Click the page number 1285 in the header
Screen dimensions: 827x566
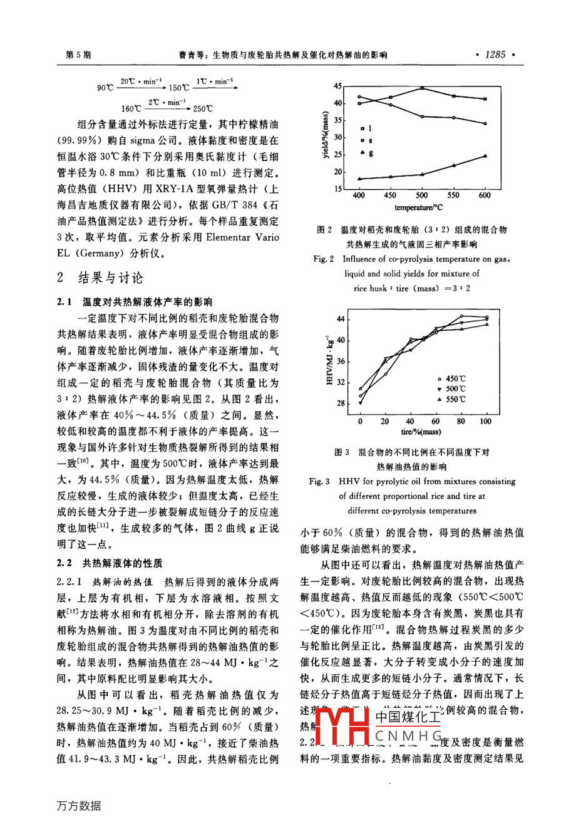(x=495, y=55)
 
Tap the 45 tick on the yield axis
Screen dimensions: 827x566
(x=337, y=86)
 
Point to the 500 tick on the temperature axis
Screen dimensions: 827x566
(x=423, y=195)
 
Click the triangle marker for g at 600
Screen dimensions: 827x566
(x=485, y=155)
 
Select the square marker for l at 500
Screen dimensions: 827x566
(x=423, y=88)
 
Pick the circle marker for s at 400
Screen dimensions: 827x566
(x=359, y=97)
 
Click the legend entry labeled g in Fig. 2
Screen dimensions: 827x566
(x=366, y=153)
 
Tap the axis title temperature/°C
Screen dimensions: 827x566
(x=423, y=207)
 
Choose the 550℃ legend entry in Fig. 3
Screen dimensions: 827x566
(x=452, y=399)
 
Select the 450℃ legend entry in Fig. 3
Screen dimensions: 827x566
(x=452, y=379)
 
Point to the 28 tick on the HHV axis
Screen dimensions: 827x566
(x=341, y=403)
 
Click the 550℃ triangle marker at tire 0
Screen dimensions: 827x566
(x=361, y=389)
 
